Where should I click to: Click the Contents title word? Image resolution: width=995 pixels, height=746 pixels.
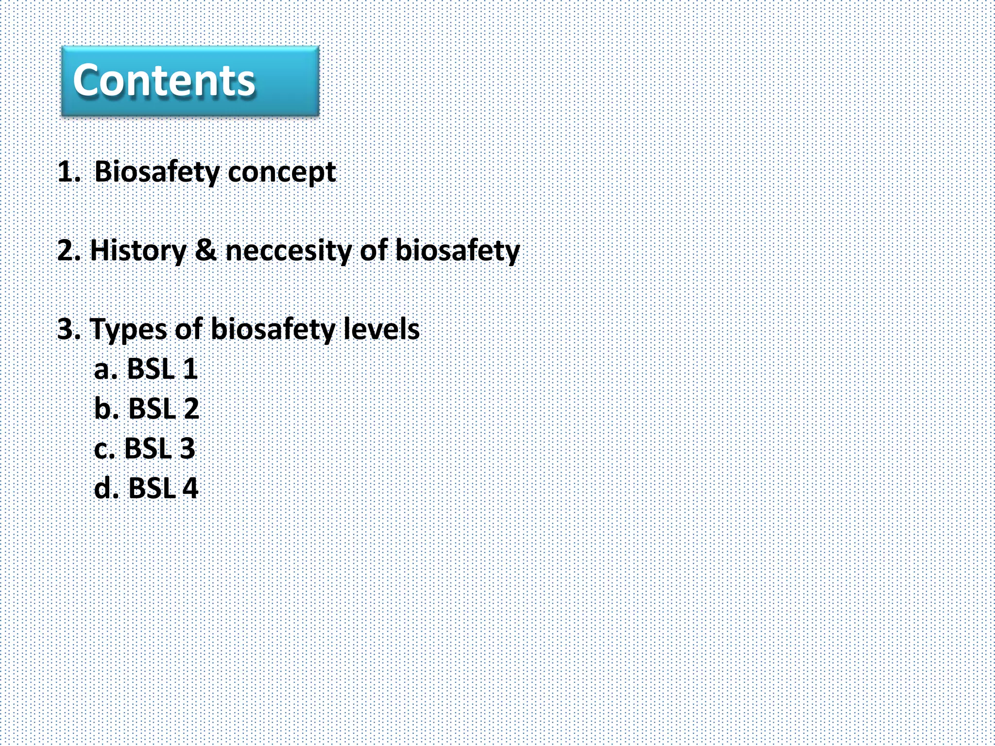(164, 81)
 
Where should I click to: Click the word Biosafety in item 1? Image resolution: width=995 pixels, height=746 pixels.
(157, 172)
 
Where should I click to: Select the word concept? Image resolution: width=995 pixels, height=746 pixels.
(282, 172)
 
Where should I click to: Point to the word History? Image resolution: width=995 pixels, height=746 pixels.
(138, 251)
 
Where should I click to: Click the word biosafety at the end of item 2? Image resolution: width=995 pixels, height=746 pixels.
(457, 251)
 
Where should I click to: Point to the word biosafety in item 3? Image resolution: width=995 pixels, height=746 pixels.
(273, 329)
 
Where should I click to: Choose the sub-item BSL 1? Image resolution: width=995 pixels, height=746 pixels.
(162, 369)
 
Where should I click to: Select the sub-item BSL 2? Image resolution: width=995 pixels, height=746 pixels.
(163, 408)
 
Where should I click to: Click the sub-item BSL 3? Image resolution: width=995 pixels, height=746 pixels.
(159, 448)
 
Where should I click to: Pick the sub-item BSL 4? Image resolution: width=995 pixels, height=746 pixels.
(163, 488)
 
